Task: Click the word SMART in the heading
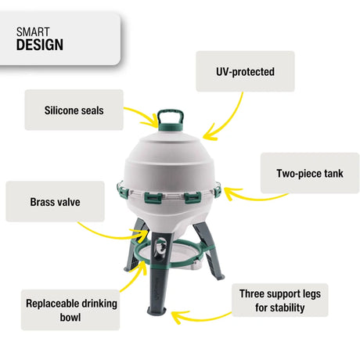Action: coord(32,31)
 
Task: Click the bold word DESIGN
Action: coord(39,45)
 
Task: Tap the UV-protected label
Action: coord(244,71)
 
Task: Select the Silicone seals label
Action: coord(74,110)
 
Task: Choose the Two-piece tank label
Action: coord(309,174)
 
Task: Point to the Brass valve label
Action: coord(55,202)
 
